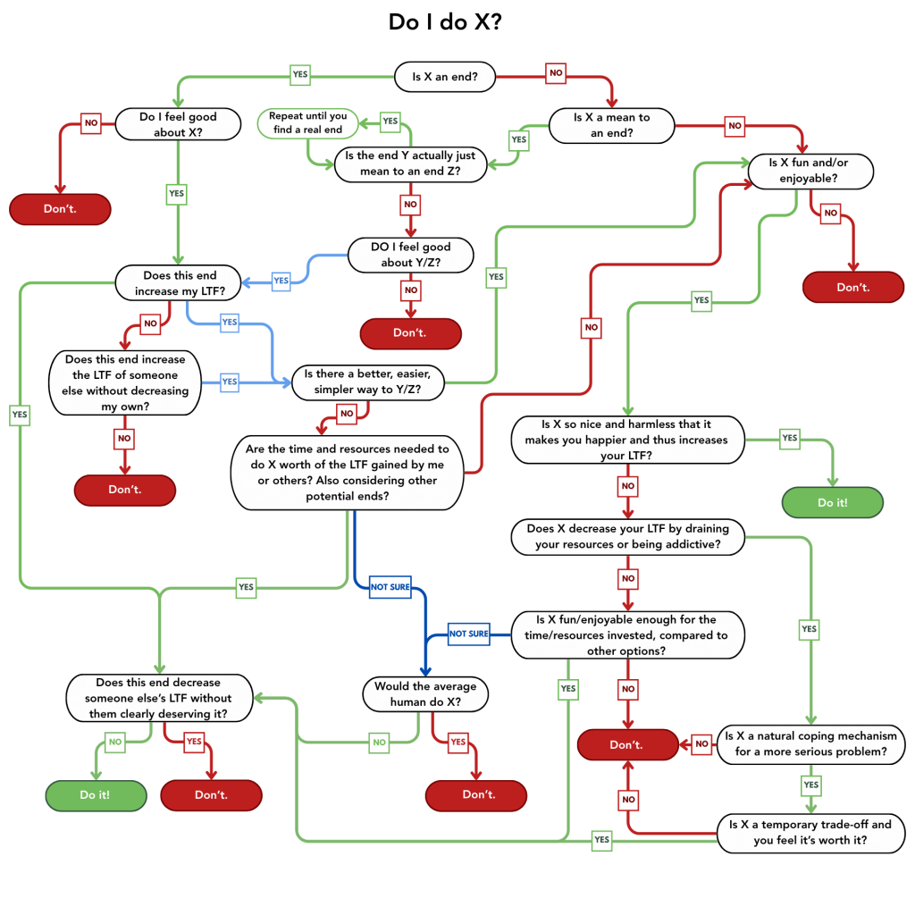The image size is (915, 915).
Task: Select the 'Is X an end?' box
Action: [445, 77]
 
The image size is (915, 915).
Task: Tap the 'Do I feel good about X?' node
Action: [178, 125]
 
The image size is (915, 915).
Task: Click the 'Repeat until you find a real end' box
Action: [307, 122]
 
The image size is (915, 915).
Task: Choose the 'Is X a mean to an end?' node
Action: [611, 125]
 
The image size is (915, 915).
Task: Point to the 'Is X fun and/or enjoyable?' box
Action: [809, 171]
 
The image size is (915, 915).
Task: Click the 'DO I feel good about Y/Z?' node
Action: [410, 255]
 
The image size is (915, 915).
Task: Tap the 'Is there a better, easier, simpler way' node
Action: [368, 382]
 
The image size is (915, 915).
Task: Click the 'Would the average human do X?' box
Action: [424, 694]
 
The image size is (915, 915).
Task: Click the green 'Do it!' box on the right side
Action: [832, 502]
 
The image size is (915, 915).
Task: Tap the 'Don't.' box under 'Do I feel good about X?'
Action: [60, 209]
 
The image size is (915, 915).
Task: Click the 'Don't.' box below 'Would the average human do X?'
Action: [475, 794]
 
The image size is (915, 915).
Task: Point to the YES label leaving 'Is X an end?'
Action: [300, 75]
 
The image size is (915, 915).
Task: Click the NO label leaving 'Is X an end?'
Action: [556, 72]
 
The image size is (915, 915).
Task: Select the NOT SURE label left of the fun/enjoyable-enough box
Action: [468, 634]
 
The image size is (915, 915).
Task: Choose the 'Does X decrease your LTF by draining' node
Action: [627, 537]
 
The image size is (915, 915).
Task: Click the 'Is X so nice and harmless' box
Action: [627, 439]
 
